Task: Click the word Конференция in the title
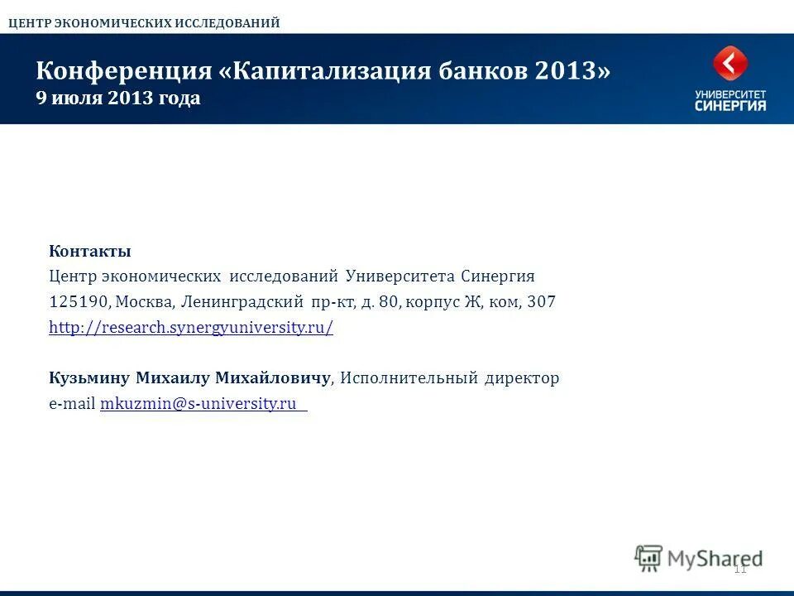(124, 71)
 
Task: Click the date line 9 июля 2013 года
(117, 99)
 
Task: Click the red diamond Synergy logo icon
(730, 64)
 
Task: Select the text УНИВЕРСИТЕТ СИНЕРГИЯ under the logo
(730, 101)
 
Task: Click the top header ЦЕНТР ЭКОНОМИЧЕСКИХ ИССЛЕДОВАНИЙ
(144, 23)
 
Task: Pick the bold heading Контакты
(90, 251)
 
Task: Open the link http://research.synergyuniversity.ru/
(191, 328)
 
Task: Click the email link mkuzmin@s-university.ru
(198, 404)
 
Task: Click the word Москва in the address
(141, 302)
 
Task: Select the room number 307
(541, 302)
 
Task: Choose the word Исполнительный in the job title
(409, 378)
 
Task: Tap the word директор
(522, 378)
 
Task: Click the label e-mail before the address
(72, 404)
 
